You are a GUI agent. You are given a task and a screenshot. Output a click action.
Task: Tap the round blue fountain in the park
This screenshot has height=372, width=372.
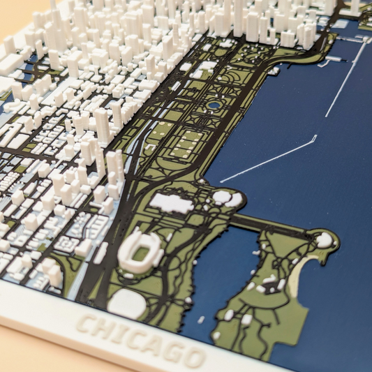pos(213,105)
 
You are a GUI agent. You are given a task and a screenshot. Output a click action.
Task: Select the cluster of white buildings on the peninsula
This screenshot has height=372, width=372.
pos(269,283)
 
